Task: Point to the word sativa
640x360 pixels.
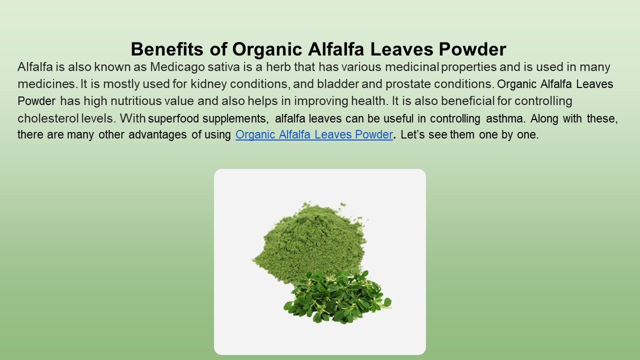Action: click(x=217, y=67)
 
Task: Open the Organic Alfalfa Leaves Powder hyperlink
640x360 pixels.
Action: click(x=314, y=135)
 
